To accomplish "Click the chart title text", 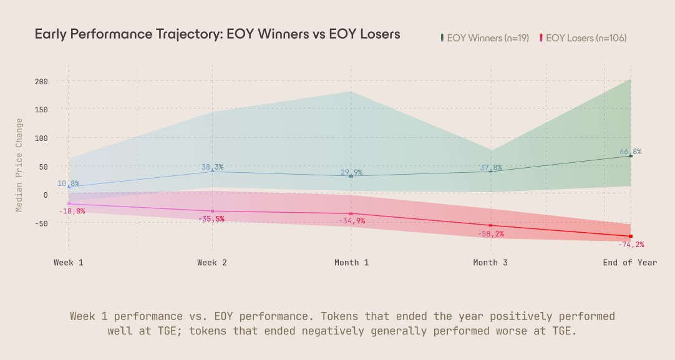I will [x=217, y=34].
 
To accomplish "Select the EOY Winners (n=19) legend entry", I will [x=485, y=38].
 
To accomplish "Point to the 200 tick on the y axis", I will [x=42, y=81].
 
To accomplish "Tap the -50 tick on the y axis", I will [x=42, y=223].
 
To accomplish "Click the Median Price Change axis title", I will [x=19, y=165].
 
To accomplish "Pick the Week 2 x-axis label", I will [x=212, y=263].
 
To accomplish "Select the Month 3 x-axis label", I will [x=490, y=263].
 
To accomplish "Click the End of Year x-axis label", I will [x=629, y=263].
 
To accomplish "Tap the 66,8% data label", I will [x=630, y=152].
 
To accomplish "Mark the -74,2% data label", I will [x=630, y=245].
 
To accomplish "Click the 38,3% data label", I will [x=212, y=167].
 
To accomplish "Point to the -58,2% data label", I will [x=490, y=234].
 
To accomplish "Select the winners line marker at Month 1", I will [x=351, y=176].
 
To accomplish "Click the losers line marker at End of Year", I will [x=631, y=236].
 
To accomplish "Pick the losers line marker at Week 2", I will [x=213, y=211].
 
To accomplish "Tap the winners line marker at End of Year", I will [x=631, y=156].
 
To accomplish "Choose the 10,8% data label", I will [x=69, y=183].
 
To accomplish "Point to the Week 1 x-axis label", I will [x=69, y=263].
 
